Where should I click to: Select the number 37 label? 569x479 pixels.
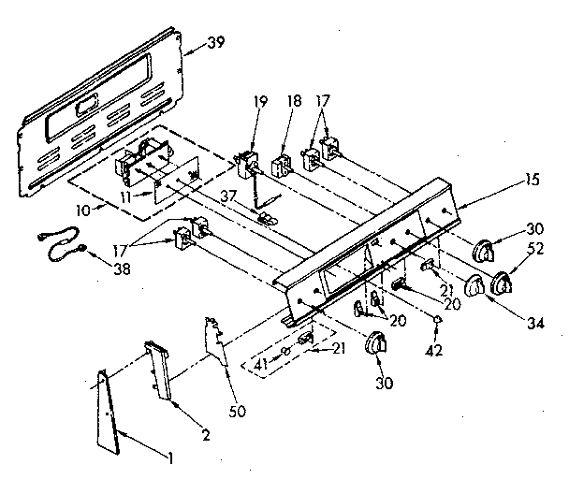point(227,196)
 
